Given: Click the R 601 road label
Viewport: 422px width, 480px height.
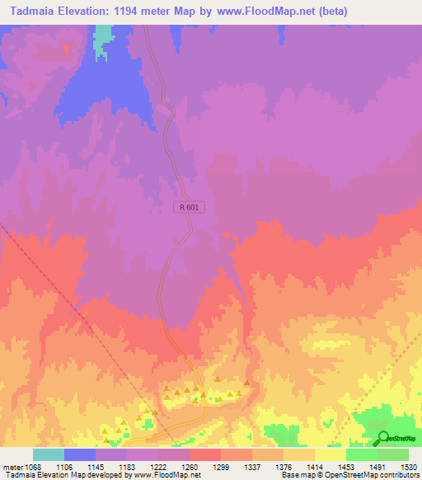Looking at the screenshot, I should point(190,209).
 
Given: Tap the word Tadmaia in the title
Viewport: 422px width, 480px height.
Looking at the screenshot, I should point(30,12).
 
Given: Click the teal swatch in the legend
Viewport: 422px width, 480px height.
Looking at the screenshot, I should point(49,454).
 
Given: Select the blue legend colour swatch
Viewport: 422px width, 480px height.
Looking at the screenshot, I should point(80,454).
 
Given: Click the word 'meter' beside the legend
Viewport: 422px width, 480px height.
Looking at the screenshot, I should point(12,467).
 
